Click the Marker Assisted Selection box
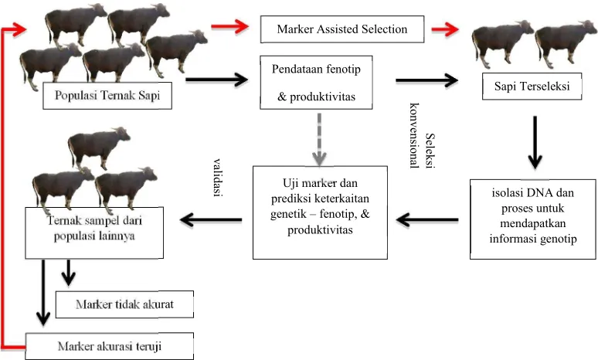pyautogui.click(x=342, y=29)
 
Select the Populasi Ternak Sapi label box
pyautogui.click(x=107, y=95)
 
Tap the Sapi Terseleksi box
pyautogui.click(x=532, y=87)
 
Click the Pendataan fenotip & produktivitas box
pyautogui.click(x=316, y=83)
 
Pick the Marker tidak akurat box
pyautogui.click(x=124, y=304)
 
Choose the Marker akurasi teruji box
pyautogui.click(x=110, y=346)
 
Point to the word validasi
pyautogui.click(x=218, y=178)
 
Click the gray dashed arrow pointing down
pyautogui.click(x=319, y=139)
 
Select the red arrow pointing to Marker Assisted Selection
pyautogui.click(x=230, y=27)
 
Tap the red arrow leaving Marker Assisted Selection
pyautogui.click(x=445, y=29)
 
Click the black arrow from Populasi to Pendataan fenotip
pyautogui.click(x=216, y=80)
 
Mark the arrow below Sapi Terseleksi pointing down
pyautogui.click(x=535, y=142)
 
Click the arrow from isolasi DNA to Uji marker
pyautogui.click(x=427, y=219)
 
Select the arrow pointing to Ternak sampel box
pyautogui.click(x=211, y=219)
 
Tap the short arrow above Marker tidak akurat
pyautogui.click(x=68, y=273)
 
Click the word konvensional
pyautogui.click(x=415, y=136)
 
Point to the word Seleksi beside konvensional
pyautogui.click(x=430, y=151)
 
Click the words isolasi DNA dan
pyautogui.click(x=533, y=192)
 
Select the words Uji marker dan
pyautogui.click(x=320, y=183)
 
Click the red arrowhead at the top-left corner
pyautogui.click(x=19, y=29)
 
